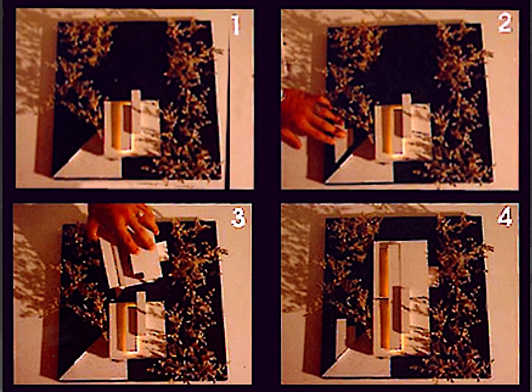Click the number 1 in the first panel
236,25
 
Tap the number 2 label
505,23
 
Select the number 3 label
238,217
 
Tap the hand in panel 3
124,226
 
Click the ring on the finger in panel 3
141,214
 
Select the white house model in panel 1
132,128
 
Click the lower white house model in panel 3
137,326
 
